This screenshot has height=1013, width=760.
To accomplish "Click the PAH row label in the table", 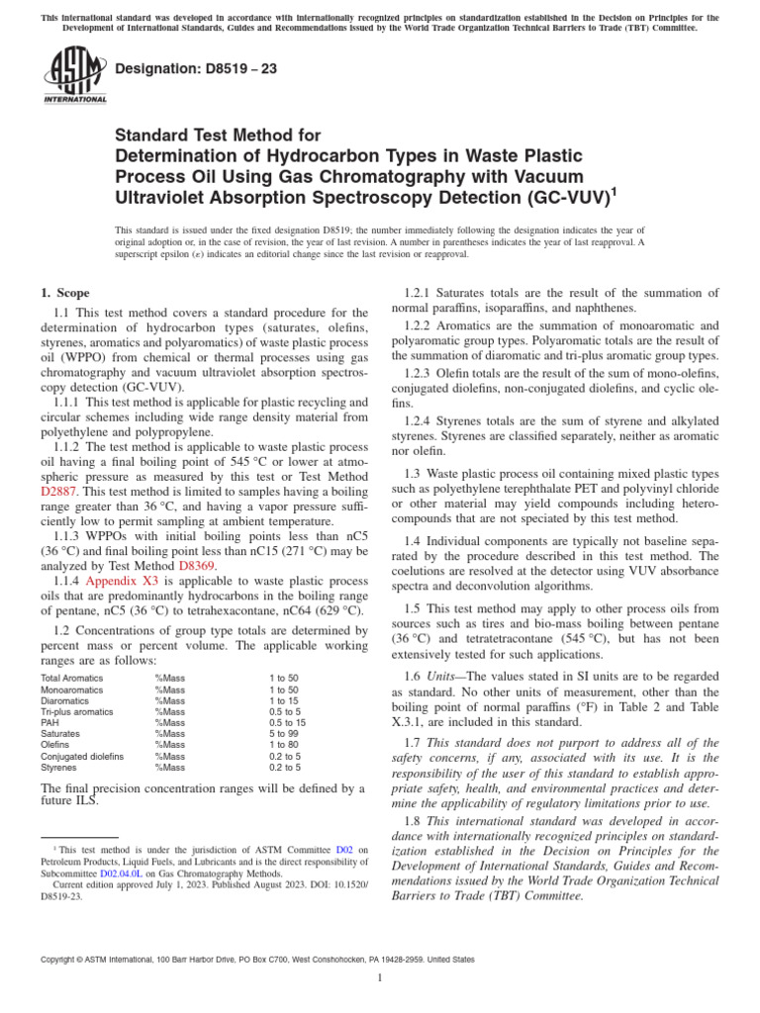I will (49, 722).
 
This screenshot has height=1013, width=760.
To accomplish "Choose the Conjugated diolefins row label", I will (82, 756).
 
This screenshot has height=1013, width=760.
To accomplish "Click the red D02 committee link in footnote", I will (344, 849).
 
